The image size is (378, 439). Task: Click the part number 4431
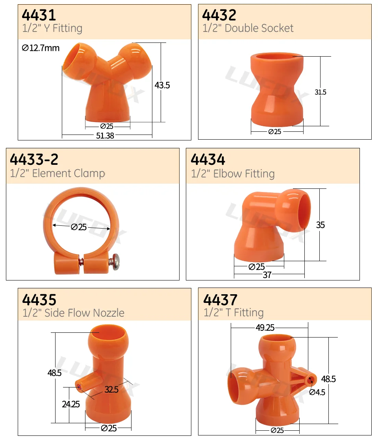(39, 15)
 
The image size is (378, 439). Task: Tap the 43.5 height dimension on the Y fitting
(162, 85)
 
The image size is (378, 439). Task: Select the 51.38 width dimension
(105, 136)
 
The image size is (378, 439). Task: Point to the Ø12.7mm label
(41, 48)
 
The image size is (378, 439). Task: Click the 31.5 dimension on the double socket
(320, 92)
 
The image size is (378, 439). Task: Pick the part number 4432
(219, 15)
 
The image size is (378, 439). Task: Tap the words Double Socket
(259, 28)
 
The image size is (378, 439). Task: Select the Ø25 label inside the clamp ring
(79, 227)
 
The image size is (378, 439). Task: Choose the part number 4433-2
(34, 159)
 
